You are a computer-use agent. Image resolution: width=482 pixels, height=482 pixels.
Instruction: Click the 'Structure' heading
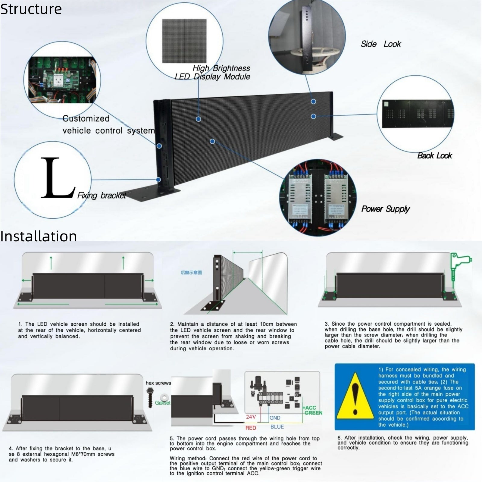pyautogui.click(x=31, y=9)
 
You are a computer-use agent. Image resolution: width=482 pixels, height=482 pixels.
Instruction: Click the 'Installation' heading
pyautogui.click(x=39, y=236)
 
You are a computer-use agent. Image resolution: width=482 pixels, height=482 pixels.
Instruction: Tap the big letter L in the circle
pyautogui.click(x=57, y=178)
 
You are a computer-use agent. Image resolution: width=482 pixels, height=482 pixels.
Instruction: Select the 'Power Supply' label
pyautogui.click(x=385, y=209)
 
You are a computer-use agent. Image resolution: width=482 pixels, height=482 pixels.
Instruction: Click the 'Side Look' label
pyautogui.click(x=380, y=44)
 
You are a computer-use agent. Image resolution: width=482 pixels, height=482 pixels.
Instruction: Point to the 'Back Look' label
pyautogui.click(x=434, y=155)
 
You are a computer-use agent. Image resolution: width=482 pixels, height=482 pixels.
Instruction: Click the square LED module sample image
pyautogui.click(x=184, y=41)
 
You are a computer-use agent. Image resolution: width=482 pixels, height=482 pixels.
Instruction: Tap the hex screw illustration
pyautogui.click(x=150, y=397)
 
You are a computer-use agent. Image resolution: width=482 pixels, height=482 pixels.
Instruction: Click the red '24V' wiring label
pyautogui.click(x=251, y=417)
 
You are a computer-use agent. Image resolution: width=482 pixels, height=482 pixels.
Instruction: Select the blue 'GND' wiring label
pyautogui.click(x=275, y=418)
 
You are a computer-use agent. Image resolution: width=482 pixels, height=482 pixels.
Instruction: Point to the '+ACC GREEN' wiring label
pyautogui.click(x=313, y=410)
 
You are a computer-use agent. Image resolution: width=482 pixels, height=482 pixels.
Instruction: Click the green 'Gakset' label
pyautogui.click(x=163, y=403)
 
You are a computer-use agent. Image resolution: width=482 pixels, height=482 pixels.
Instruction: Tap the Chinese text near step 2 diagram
pyautogui.click(x=191, y=273)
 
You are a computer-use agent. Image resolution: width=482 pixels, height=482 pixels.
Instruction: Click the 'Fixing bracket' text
pyautogui.click(x=102, y=196)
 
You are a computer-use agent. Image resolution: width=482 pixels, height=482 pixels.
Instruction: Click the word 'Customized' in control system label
pyautogui.click(x=86, y=118)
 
